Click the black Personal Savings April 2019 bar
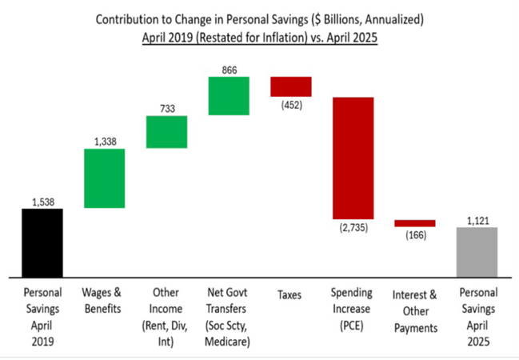tap(42, 242)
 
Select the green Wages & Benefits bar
tap(104, 178)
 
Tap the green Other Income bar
tap(166, 132)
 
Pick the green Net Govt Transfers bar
tap(229, 96)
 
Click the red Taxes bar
tap(290, 86)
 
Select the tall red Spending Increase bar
tap(353, 158)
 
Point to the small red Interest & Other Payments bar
tap(415, 223)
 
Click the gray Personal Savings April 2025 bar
tap(477, 251)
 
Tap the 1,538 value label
tap(42, 202)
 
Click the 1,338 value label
tap(105, 142)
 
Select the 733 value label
tap(166, 109)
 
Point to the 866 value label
tap(229, 70)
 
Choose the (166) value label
tap(415, 234)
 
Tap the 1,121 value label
tap(477, 220)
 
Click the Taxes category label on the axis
tap(290, 294)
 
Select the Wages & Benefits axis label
tap(104, 301)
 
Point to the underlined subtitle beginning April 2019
tap(260, 37)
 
